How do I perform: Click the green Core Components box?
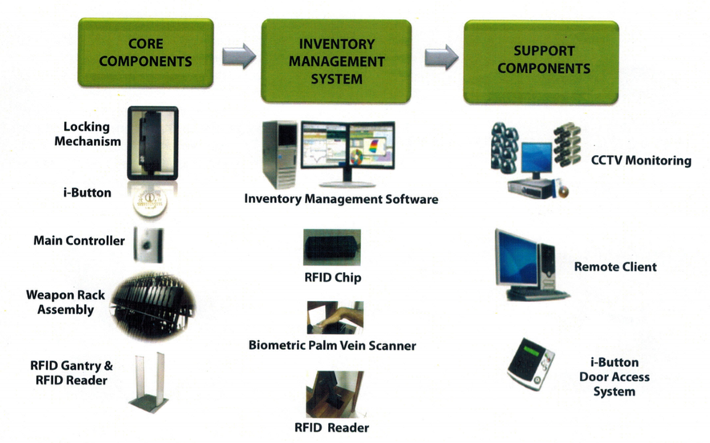pos(145,52)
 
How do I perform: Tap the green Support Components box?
pos(542,60)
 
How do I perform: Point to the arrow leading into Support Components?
pos(440,56)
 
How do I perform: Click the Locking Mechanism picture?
pos(152,143)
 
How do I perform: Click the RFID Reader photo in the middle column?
pos(334,393)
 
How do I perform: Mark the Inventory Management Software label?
pos(341,198)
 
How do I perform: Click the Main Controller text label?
pos(79,241)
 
